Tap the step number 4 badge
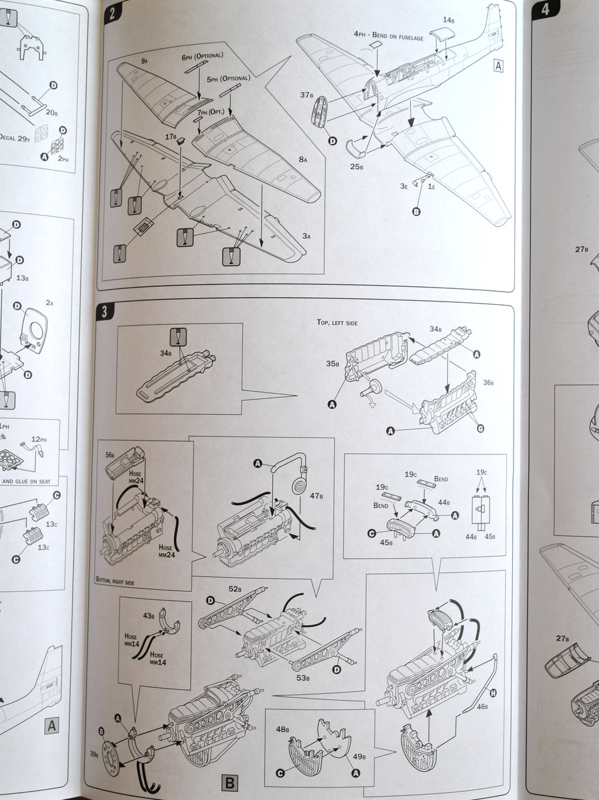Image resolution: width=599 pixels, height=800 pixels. pyautogui.click(x=546, y=9)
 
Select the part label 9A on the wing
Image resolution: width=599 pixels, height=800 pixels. pyautogui.click(x=144, y=61)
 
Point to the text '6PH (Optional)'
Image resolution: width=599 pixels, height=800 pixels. pyautogui.click(x=202, y=56)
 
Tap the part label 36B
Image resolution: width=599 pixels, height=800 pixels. pyautogui.click(x=488, y=383)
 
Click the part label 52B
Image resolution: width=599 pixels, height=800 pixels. pyautogui.click(x=234, y=588)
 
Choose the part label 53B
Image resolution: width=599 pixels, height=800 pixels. pyautogui.click(x=303, y=678)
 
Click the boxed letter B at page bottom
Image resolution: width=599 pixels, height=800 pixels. pyautogui.click(x=227, y=781)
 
